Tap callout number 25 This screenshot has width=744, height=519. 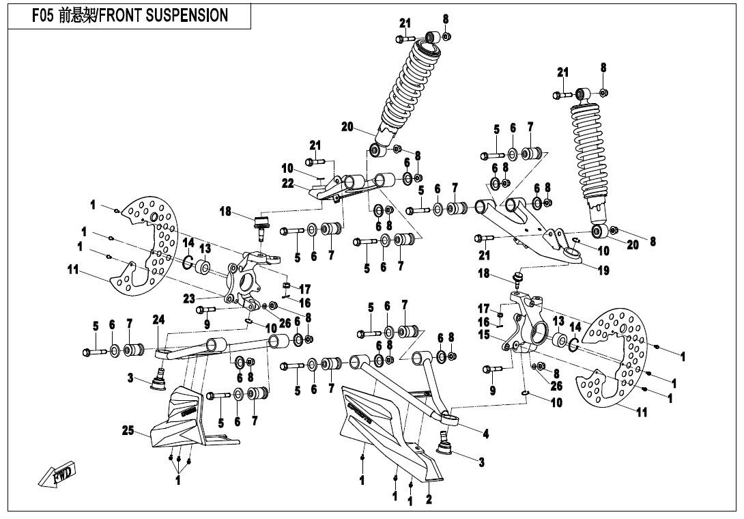[x=128, y=430]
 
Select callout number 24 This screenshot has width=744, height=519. [x=158, y=319]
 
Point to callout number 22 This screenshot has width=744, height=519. [x=287, y=183]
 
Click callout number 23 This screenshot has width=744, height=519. [x=189, y=298]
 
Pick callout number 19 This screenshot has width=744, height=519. [x=602, y=270]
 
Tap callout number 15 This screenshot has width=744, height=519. [x=484, y=335]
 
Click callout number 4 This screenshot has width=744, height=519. [x=485, y=433]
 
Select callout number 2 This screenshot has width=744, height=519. [x=429, y=500]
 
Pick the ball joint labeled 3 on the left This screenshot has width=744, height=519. [x=159, y=378]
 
